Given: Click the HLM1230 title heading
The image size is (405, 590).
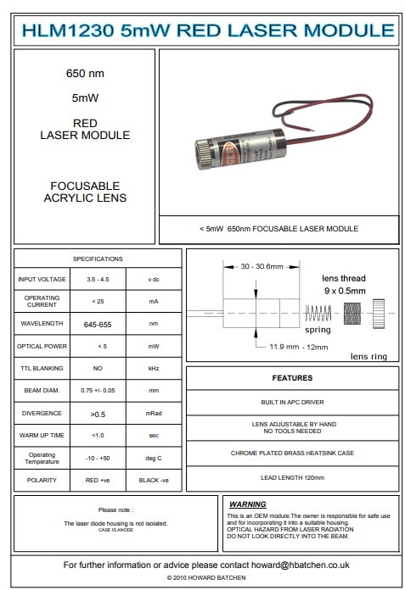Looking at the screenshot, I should (x=204, y=31).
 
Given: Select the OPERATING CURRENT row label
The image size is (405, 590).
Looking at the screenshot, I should (x=42, y=301).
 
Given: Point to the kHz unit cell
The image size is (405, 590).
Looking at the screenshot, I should (x=154, y=369).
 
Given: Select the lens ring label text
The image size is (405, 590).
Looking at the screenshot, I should (x=368, y=357).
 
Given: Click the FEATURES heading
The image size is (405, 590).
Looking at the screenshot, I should (x=291, y=378).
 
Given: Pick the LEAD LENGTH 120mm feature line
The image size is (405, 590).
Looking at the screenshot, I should (x=291, y=478).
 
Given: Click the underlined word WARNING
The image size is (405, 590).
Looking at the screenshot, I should (x=248, y=504).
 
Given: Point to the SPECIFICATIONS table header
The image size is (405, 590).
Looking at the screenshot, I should (x=98, y=258).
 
